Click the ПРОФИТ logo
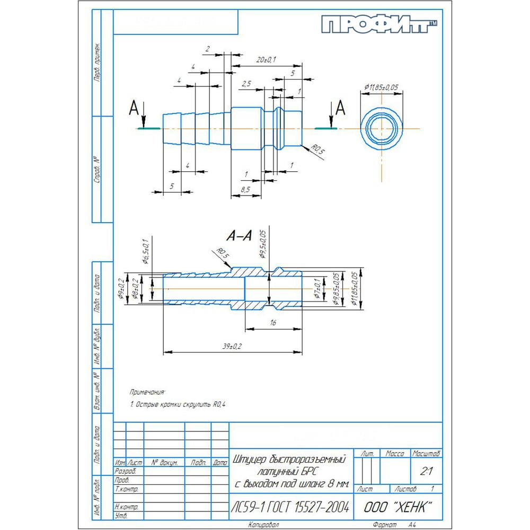[379, 25]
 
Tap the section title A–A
[238, 236]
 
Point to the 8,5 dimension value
[245, 189]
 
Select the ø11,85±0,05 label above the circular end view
[382, 87]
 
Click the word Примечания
[147, 392]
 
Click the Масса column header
[395, 454]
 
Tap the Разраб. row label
[126, 471]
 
